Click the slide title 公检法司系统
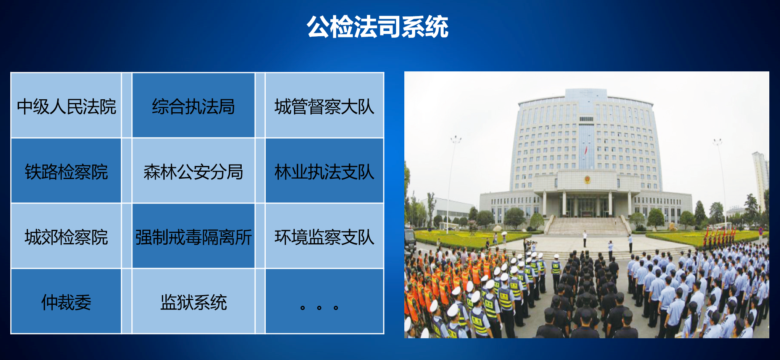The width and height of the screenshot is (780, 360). [x=378, y=27]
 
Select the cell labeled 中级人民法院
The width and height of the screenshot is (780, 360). [x=66, y=105]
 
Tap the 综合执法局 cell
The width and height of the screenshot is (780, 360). [x=194, y=105]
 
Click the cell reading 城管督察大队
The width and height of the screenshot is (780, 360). [x=325, y=105]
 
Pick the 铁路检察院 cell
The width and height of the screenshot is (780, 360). [x=66, y=171]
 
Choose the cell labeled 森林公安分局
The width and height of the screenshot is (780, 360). [x=194, y=171]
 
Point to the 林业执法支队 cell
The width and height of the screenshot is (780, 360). [x=325, y=171]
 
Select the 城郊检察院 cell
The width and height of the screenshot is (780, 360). [x=66, y=236]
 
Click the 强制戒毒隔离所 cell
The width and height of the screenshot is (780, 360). [x=194, y=236]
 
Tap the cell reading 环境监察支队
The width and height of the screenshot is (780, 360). [x=325, y=236]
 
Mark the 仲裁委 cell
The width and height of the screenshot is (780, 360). [x=66, y=301]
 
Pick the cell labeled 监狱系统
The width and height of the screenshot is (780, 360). [x=194, y=301]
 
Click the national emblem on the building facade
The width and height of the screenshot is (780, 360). [x=587, y=179]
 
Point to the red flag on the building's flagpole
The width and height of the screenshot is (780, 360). [x=586, y=150]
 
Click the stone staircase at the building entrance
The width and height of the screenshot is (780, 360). [x=587, y=226]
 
